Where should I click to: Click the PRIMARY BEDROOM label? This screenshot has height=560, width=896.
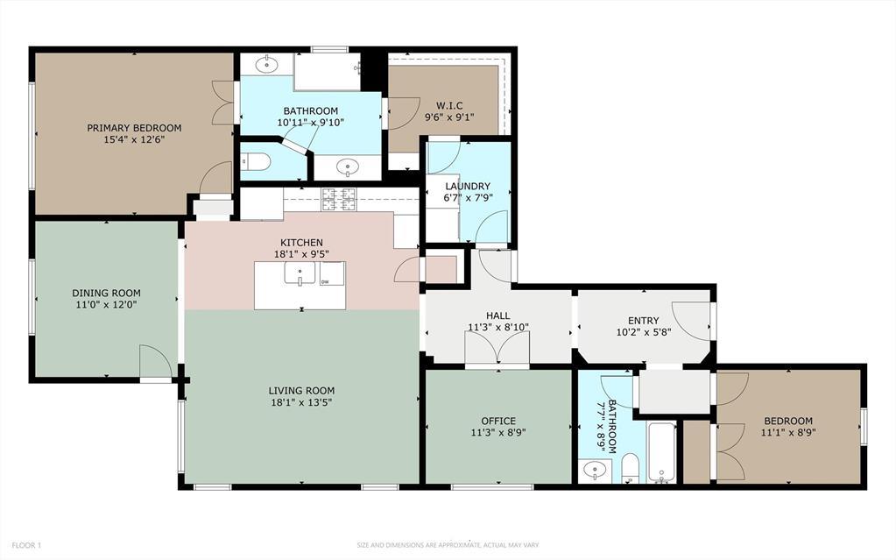click(134, 128)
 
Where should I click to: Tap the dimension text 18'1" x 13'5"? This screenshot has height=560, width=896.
click(301, 403)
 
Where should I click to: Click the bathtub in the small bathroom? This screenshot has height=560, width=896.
click(661, 451)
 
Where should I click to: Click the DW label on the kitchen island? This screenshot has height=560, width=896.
click(325, 281)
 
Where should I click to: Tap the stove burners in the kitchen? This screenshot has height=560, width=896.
click(338, 199)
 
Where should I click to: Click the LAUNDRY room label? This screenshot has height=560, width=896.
click(467, 186)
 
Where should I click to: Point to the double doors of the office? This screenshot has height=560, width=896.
click(497, 352)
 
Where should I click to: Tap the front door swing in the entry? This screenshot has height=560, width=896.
click(694, 320)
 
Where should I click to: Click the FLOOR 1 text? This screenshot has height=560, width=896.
click(27, 545)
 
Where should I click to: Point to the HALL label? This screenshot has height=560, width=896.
click(497, 315)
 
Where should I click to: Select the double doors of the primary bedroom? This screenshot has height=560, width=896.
click(223, 103)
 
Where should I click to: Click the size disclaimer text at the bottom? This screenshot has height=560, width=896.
click(448, 545)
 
